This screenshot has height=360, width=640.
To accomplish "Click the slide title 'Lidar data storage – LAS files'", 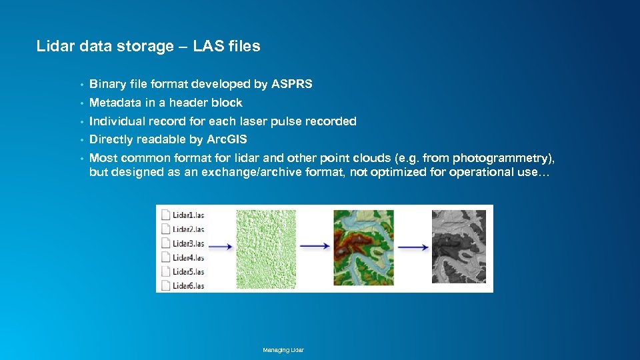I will point(148,46).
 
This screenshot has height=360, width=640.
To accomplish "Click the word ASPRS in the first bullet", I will point(291,84).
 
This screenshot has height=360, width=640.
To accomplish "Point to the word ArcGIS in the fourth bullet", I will point(227,139).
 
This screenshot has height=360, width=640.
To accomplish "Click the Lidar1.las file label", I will point(188,215).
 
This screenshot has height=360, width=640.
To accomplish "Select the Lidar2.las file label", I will point(188,229).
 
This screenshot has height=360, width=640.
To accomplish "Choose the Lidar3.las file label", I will point(188,243).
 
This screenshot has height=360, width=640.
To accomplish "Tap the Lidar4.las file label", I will point(188,257).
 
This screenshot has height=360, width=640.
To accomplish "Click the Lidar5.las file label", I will point(188,271).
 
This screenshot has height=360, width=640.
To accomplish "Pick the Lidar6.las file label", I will point(188,285).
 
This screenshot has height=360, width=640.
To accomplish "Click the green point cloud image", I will point(265,249).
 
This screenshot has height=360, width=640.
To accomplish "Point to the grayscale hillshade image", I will point(459,247).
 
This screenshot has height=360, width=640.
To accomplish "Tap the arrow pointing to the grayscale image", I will point(413,246).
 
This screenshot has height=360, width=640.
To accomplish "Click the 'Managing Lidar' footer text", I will point(283,350).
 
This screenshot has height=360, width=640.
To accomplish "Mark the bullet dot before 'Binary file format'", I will point(81,85).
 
